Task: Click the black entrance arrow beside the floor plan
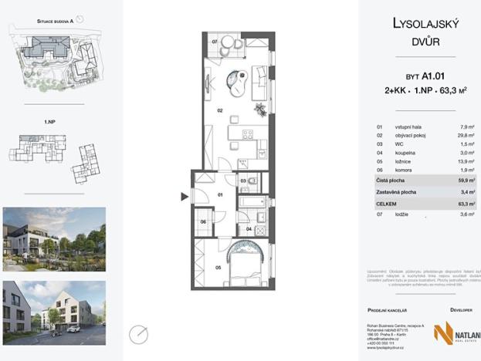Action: tap(184, 197)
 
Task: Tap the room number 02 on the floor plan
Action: tap(220, 111)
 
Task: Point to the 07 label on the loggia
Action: tap(214, 41)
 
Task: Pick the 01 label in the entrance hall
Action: tap(220, 194)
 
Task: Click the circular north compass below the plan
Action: tap(140, 334)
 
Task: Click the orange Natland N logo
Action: tap(443, 333)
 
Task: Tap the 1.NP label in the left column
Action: tap(49, 121)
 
